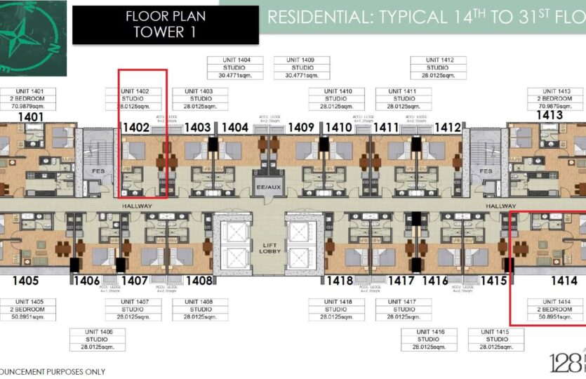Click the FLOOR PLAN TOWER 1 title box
point(160,25)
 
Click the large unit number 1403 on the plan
point(198,128)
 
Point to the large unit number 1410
point(338,128)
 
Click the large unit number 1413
point(550,115)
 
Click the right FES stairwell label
point(485,171)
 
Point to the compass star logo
point(33,35)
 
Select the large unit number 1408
point(199,281)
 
